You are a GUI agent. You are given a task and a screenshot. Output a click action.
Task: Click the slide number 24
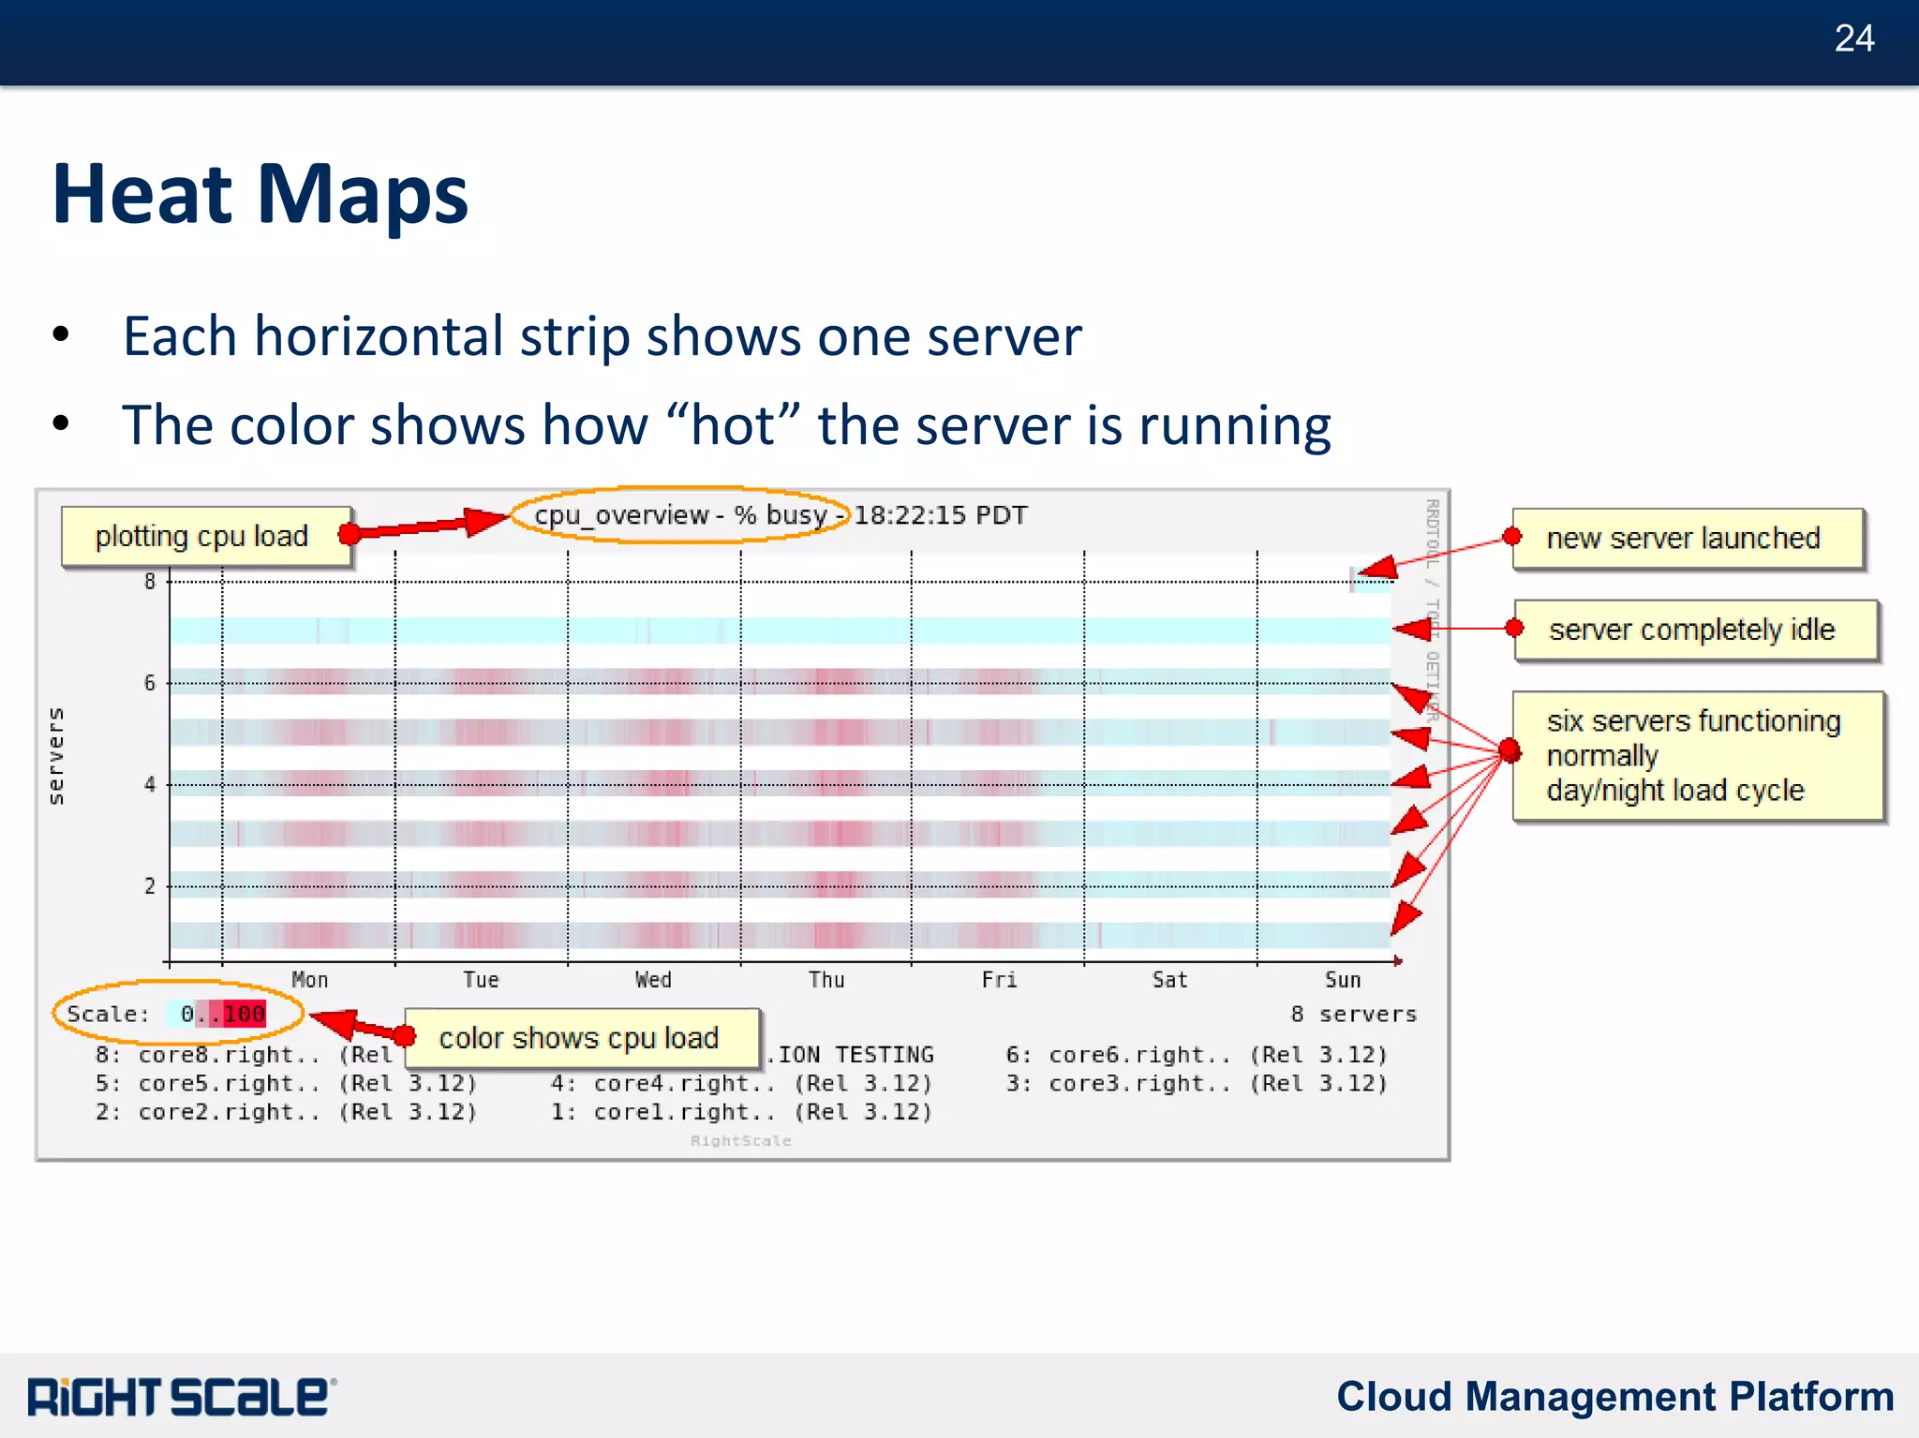1853,39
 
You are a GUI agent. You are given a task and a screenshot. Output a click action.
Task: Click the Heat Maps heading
260,194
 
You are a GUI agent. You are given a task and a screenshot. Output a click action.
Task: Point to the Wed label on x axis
653,980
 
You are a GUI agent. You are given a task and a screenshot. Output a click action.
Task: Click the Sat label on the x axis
1169,980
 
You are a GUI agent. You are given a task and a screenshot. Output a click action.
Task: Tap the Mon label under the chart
310,980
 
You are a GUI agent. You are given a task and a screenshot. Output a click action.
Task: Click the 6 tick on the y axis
150,683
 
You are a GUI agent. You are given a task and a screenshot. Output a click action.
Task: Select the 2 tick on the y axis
150,886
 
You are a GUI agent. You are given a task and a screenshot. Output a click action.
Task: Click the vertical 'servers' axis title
56,755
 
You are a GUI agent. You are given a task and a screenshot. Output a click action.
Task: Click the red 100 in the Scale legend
245,1014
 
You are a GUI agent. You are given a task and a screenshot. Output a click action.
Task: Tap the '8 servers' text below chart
1353,1014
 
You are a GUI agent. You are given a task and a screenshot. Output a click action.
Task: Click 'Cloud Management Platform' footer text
1614,1396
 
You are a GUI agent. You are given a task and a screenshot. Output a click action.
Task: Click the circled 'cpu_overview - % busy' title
680,515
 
